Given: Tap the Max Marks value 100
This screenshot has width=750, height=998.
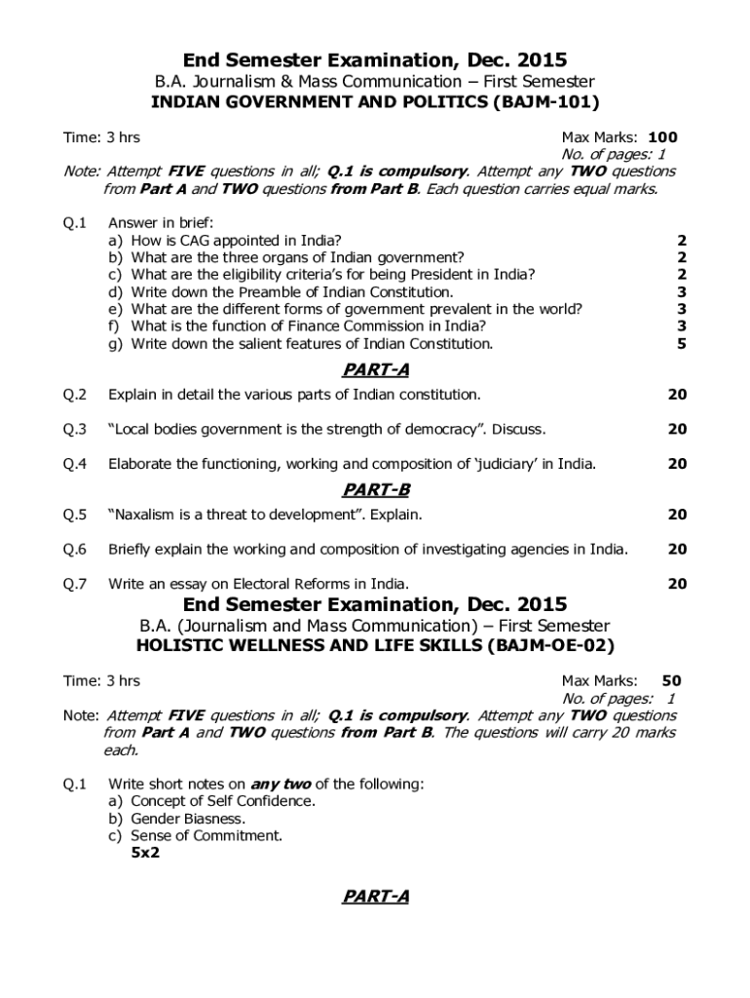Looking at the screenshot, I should coord(662,137).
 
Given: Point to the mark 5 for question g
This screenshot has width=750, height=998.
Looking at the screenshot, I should coord(681,344).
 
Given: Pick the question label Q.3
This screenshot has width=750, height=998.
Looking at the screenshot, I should coord(75,429).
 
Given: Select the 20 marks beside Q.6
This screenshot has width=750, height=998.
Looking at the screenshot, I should coord(677,549).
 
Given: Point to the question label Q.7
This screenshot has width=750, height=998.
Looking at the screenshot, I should coord(75,584).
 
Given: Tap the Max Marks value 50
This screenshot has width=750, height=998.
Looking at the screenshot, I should coord(671,681).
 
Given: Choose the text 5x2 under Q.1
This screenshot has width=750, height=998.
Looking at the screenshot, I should coord(145,853).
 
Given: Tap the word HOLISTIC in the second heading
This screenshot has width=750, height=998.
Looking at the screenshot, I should coord(180,645).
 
